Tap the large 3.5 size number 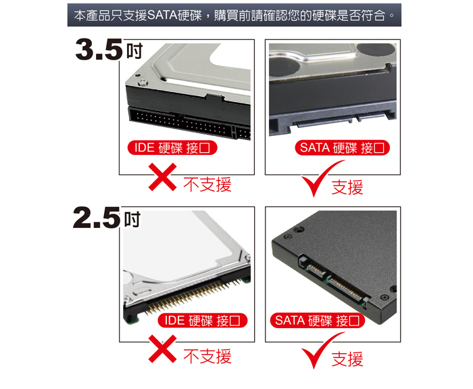[100, 50]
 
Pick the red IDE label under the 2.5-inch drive [203, 320]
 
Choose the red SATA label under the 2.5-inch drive [318, 320]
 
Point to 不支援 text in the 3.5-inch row [207, 184]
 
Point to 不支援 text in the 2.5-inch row [207, 356]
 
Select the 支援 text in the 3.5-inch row [347, 187]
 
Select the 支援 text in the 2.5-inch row [347, 359]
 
